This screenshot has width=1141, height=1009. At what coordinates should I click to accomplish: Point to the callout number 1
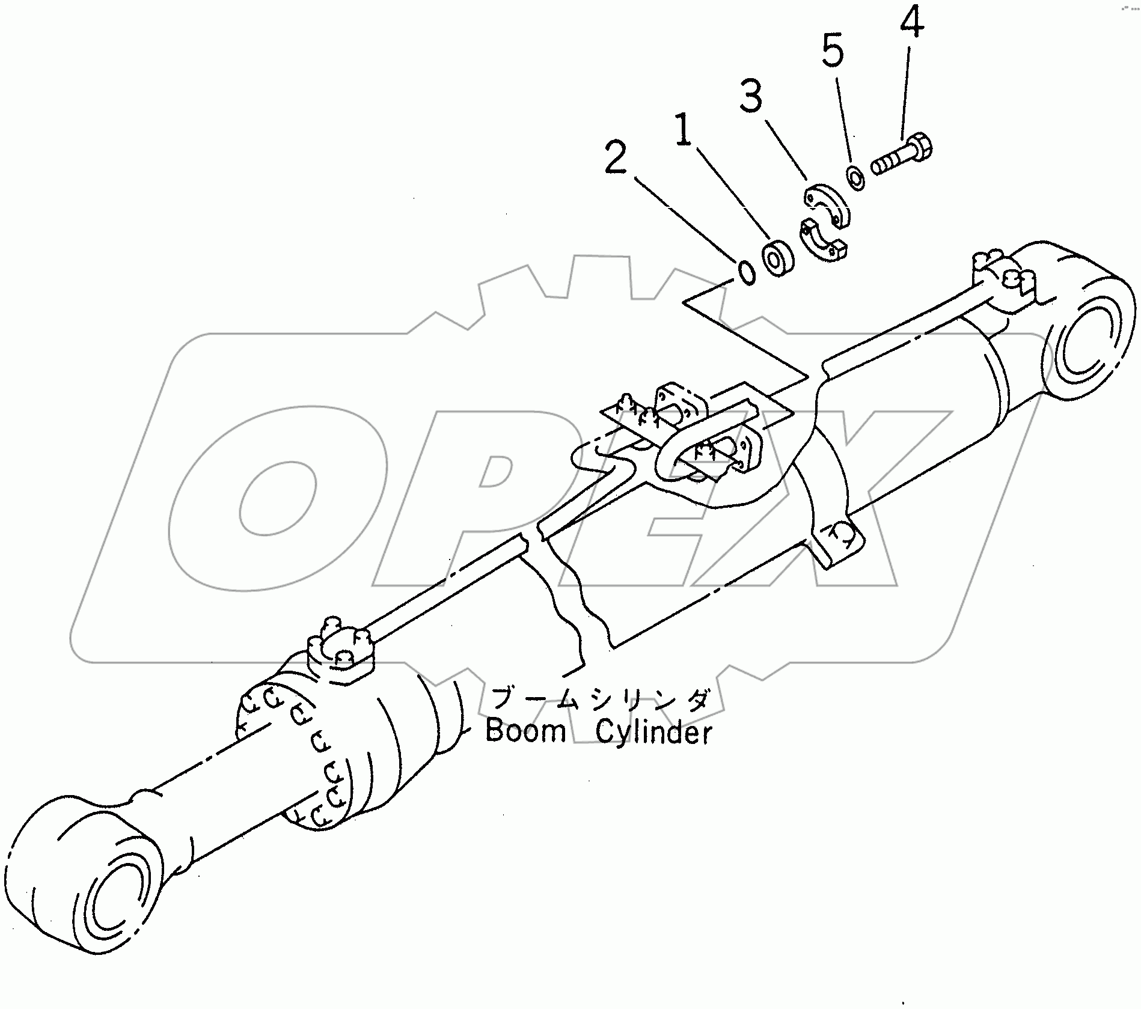[682, 131]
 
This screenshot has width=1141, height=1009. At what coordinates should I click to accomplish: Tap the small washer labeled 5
[855, 177]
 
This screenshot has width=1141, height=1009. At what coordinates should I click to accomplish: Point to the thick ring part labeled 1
[778, 258]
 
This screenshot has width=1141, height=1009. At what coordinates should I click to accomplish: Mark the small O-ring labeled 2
[746, 272]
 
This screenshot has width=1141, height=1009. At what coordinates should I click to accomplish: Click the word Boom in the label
[525, 731]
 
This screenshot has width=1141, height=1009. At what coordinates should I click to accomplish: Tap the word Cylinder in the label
[654, 733]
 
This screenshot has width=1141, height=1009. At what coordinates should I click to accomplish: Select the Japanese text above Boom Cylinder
[601, 700]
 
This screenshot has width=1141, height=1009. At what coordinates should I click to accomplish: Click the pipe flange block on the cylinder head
[341, 655]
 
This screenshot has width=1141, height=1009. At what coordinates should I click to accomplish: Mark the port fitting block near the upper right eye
[1004, 286]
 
